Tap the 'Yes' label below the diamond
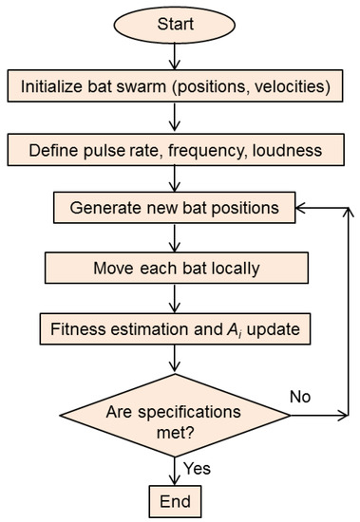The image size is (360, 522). (x=197, y=467)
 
